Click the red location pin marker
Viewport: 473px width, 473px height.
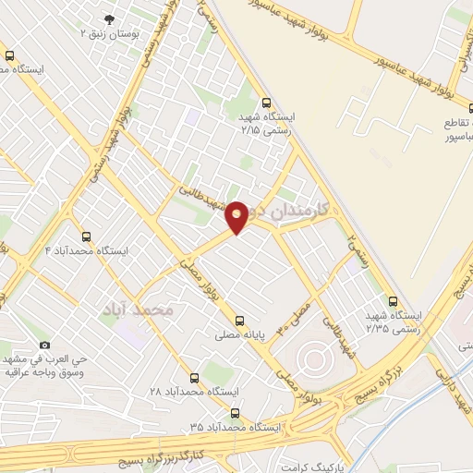tap(237, 216)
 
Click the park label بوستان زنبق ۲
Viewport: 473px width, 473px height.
tap(109, 33)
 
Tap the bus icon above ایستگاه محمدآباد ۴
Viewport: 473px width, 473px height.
tap(86, 236)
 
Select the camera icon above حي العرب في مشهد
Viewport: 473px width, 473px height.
tap(43, 345)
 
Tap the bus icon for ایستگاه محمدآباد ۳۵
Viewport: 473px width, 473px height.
tap(235, 413)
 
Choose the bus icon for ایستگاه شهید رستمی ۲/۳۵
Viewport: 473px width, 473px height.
tap(394, 301)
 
